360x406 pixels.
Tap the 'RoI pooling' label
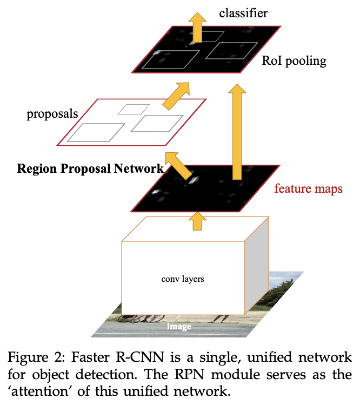click(x=294, y=60)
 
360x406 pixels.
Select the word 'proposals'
click(x=52, y=114)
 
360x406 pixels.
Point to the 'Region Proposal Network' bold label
click(x=90, y=168)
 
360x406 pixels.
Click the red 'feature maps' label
click(x=308, y=189)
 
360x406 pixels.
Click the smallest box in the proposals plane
click(x=130, y=109)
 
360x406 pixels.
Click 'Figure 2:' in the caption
click(x=36, y=358)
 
